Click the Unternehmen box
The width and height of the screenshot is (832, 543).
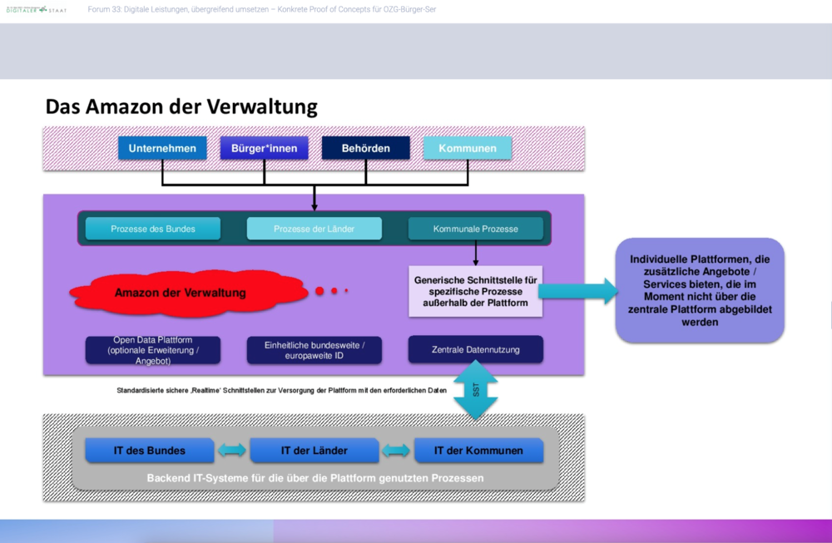point(162,149)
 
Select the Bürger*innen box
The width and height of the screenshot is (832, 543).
point(264,149)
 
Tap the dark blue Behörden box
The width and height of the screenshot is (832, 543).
point(366,149)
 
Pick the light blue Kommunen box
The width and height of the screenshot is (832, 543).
point(468,149)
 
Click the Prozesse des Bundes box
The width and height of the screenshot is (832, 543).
point(153,229)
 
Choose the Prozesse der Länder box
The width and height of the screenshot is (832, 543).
point(314,229)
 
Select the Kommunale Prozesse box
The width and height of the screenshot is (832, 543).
point(475,229)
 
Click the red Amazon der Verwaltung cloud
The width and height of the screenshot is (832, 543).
point(181,293)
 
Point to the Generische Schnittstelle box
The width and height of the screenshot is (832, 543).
point(475,291)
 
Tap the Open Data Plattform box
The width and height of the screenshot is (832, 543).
point(153,350)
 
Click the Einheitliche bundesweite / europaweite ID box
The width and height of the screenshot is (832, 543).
point(314,350)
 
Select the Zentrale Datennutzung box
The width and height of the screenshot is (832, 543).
point(475,350)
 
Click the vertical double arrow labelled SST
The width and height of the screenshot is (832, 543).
point(475,389)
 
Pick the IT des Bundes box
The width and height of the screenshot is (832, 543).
point(150,451)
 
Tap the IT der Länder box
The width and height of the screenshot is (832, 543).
point(314,451)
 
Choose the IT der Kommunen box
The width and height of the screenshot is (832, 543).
point(478,451)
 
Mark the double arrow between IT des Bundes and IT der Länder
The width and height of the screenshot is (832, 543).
point(232,451)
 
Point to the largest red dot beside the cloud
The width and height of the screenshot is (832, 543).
point(319,291)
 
